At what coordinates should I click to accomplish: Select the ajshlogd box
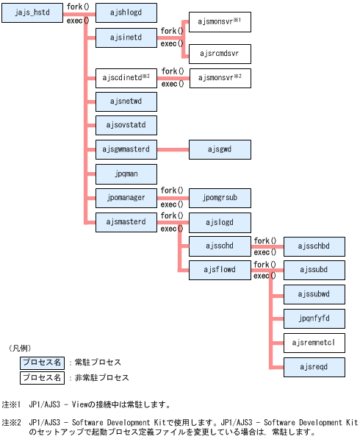(126, 13)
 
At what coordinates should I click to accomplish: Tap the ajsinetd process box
(126, 36)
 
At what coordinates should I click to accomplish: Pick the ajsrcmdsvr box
(220, 54)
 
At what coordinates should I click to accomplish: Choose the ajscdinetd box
(126, 78)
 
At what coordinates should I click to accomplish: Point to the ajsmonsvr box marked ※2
(220, 77)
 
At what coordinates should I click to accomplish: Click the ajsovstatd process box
(126, 125)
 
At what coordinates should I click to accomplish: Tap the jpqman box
(126, 174)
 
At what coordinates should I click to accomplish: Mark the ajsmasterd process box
(126, 221)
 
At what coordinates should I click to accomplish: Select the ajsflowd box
(220, 269)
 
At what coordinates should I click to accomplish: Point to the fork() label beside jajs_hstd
(78, 7)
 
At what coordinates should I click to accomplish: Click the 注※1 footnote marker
(11, 404)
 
